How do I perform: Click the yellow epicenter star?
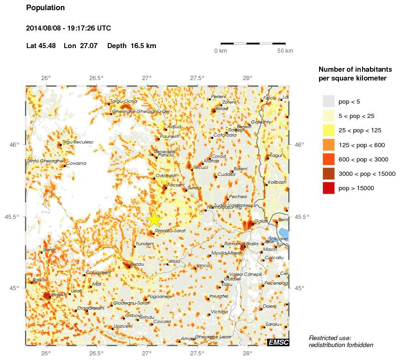[x=154, y=220]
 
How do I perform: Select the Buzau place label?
[x=138, y=264]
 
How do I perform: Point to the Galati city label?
[x=261, y=221]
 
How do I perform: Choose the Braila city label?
[x=252, y=244]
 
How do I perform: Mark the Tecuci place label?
[x=201, y=168]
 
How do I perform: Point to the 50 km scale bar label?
[x=285, y=51]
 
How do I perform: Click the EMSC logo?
[x=278, y=342]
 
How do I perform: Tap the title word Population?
[x=46, y=8]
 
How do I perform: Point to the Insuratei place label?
[x=219, y=296]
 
